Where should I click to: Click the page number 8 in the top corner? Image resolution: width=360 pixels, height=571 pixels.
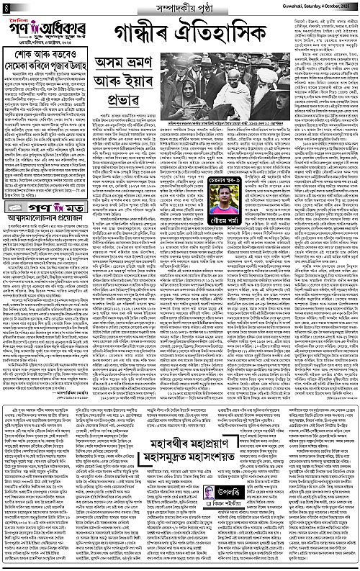tap(6, 6)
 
